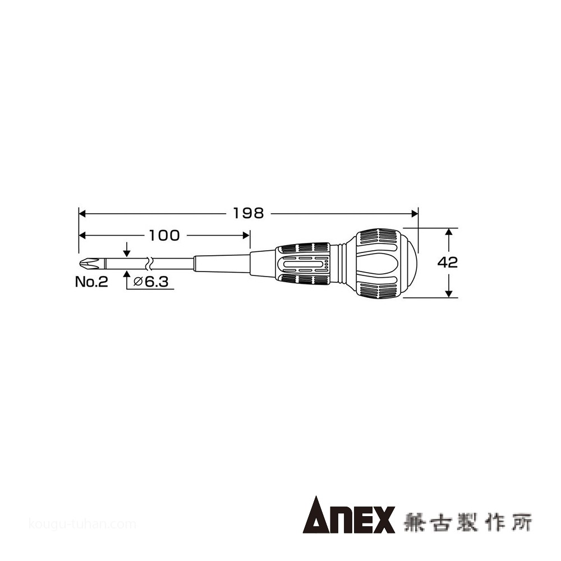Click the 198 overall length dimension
(249, 214)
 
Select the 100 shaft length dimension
(164, 236)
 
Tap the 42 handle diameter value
(448, 263)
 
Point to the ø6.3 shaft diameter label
(150, 282)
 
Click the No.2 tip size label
(91, 282)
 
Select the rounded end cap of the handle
(411, 263)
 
